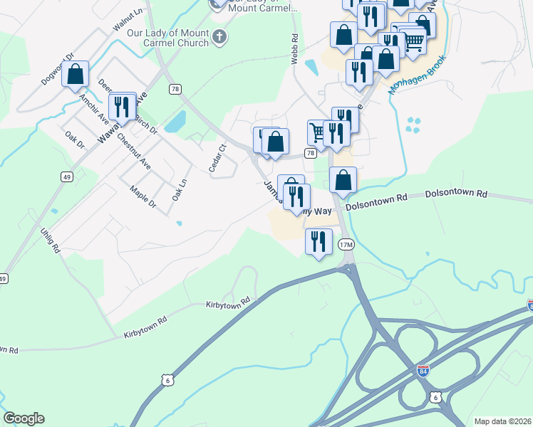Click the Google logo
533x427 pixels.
click(x=24, y=418)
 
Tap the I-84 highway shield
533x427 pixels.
click(x=423, y=371)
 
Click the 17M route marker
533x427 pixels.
click(x=346, y=245)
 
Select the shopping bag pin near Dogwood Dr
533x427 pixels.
click(x=75, y=75)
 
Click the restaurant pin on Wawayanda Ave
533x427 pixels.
click(x=123, y=107)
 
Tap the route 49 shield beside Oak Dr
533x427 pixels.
click(x=66, y=176)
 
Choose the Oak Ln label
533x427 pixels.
click(x=178, y=189)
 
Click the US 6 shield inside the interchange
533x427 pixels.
click(x=435, y=396)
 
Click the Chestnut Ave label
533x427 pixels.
click(x=134, y=152)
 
